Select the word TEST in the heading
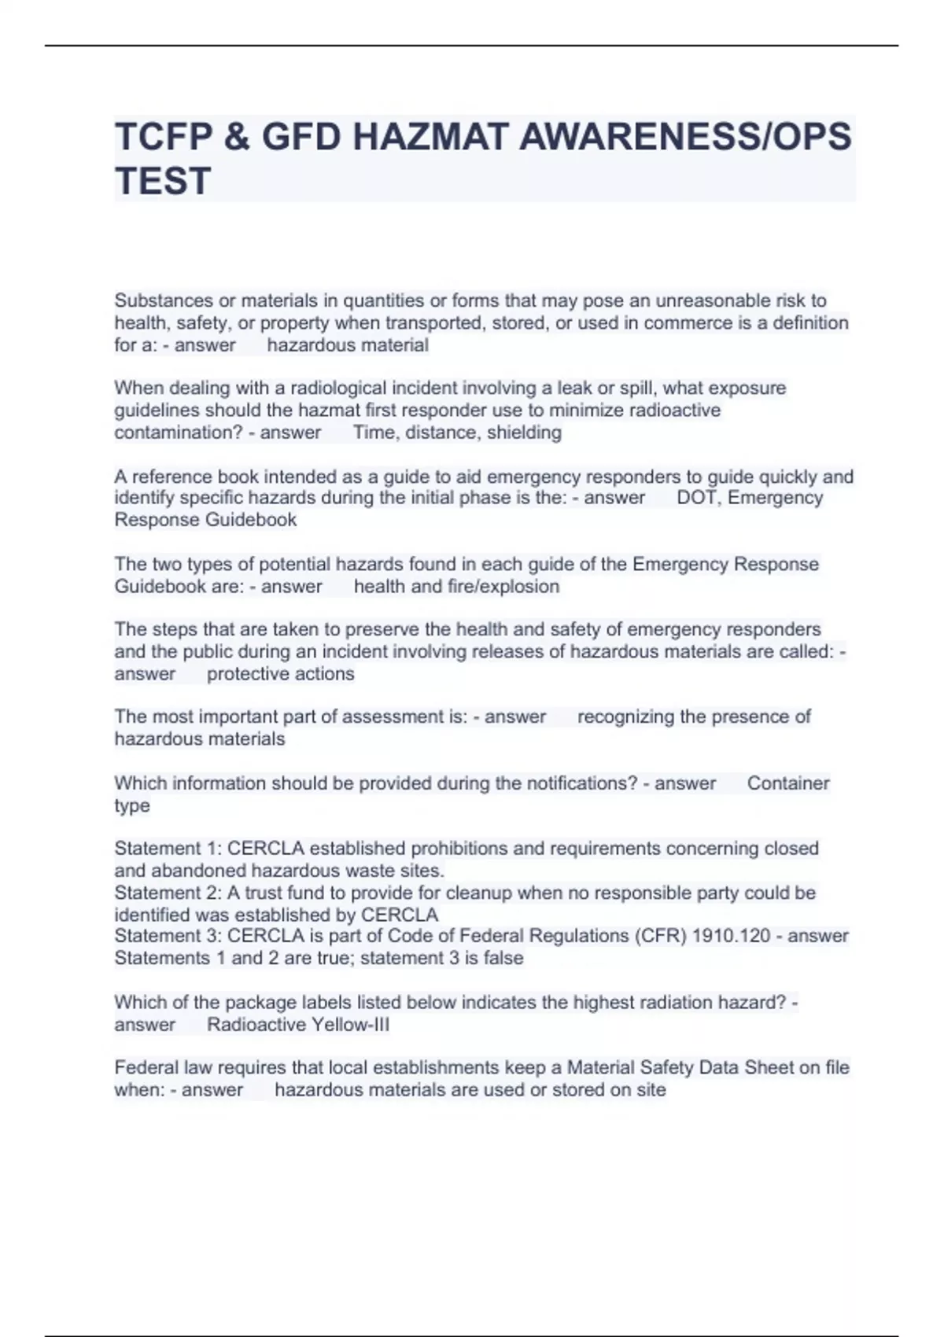pyautogui.click(x=163, y=181)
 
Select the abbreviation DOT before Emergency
pyautogui.click(x=697, y=498)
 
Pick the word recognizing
pyautogui.click(x=625, y=716)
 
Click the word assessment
pyautogui.click(x=393, y=716)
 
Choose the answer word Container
pyautogui.click(x=788, y=783)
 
